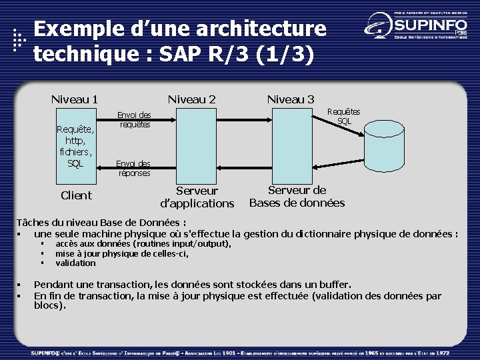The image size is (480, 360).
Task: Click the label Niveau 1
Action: pyautogui.click(x=75, y=99)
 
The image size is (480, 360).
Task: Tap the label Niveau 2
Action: pyautogui.click(x=191, y=99)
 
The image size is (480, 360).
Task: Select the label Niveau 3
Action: pyautogui.click(x=291, y=99)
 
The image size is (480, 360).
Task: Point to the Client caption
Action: pyautogui.click(x=76, y=195)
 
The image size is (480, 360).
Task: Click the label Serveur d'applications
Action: pyautogui.click(x=197, y=197)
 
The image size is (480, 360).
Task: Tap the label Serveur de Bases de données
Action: pyautogui.click(x=297, y=196)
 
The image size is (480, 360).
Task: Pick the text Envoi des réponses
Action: pyautogui.click(x=134, y=168)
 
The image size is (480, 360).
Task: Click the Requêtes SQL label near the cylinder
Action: pyautogui.click(x=344, y=116)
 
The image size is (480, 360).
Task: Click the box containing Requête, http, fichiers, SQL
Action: pyautogui.click(x=75, y=145)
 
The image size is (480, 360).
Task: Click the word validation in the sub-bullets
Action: pyautogui.click(x=75, y=263)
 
